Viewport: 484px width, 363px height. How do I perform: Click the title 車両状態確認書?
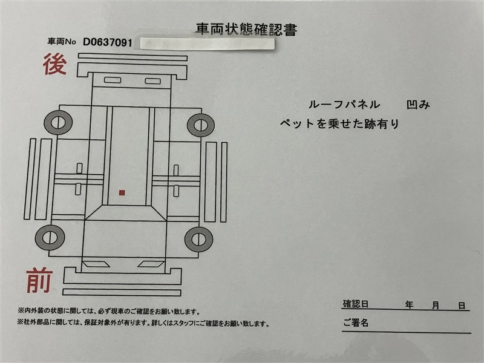pyautogui.click(x=246, y=29)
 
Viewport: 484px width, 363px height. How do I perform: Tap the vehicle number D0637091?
pyautogui.click(x=108, y=42)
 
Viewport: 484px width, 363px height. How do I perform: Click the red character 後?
pyautogui.click(x=55, y=64)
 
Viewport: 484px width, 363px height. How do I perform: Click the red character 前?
pyautogui.click(x=39, y=280)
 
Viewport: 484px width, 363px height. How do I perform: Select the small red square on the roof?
pyautogui.click(x=122, y=192)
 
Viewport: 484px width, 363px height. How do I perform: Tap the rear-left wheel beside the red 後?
pyautogui.click(x=58, y=122)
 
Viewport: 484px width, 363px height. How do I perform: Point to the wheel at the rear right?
pyautogui.click(x=201, y=125)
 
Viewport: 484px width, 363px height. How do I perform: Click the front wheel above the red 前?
pyautogui.click(x=50, y=238)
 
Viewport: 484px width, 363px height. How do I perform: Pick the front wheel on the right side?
pyautogui.click(x=198, y=239)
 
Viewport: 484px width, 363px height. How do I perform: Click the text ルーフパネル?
pyautogui.click(x=344, y=104)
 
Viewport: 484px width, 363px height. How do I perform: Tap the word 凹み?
pyautogui.click(x=418, y=105)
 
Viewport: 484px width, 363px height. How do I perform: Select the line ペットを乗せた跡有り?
pyautogui.click(x=340, y=123)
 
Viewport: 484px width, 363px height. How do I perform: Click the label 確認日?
pyautogui.click(x=356, y=304)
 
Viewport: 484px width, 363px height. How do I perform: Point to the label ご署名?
pyautogui.click(x=356, y=322)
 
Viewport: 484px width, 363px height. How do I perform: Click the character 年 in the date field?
pyautogui.click(x=410, y=305)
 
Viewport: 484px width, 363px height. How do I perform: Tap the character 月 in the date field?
pyautogui.click(x=436, y=306)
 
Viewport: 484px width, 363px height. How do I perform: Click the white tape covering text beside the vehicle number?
pyautogui.click(x=207, y=44)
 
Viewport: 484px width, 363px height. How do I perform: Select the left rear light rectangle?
pyautogui.click(x=113, y=80)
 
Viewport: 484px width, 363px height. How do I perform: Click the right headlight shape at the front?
pyautogui.click(x=151, y=264)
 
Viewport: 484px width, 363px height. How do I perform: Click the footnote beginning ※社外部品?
pyautogui.click(x=143, y=323)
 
